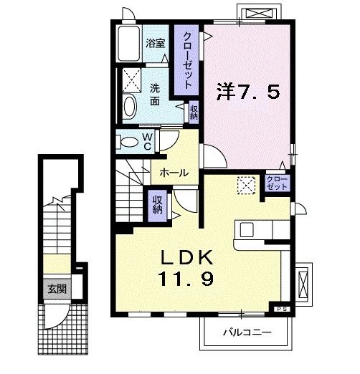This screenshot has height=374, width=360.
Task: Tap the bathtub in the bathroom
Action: click(x=128, y=46)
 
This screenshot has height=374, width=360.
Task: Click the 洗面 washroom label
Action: click(x=156, y=95)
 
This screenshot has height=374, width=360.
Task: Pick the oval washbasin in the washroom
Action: click(x=130, y=107)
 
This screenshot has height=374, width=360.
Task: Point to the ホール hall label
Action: click(x=174, y=173)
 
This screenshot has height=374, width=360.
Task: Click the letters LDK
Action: click(x=193, y=257)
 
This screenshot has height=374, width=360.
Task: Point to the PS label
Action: click(x=280, y=309)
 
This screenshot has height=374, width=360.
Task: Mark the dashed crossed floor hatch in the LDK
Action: click(x=247, y=185)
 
